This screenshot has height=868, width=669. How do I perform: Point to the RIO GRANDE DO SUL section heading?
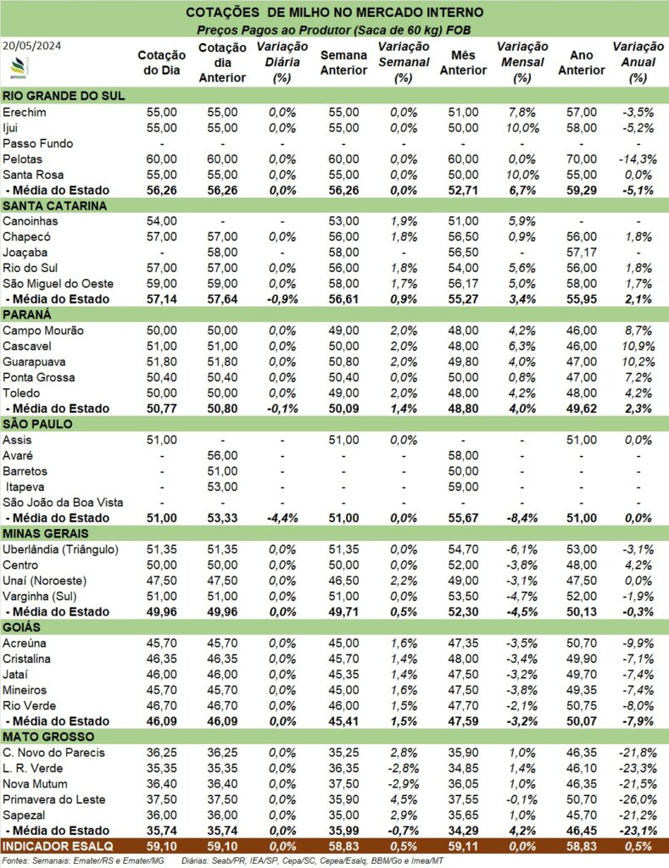point(64,96)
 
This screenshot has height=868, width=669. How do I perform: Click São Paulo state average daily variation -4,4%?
point(275,518)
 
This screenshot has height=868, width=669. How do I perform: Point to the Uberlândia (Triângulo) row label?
point(61,549)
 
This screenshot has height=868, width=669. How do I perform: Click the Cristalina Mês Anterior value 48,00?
point(462,659)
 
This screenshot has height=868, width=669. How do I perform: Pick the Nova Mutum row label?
point(36,783)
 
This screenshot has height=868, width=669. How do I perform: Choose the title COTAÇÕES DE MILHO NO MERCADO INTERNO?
point(334,13)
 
